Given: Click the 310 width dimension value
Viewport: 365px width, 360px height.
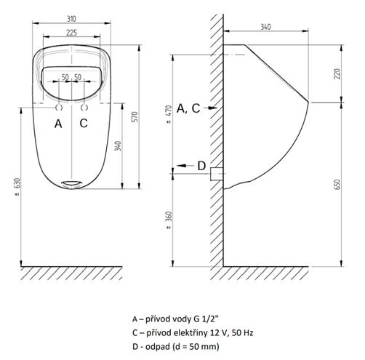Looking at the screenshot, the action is coord(71,19).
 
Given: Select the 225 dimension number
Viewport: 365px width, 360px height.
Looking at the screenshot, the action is coord(72,33).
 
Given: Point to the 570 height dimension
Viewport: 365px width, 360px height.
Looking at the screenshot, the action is coord(135,116).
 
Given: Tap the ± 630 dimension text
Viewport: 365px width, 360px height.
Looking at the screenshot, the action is coord(17,187).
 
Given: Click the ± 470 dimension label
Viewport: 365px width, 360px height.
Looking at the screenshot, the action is coord(169,114).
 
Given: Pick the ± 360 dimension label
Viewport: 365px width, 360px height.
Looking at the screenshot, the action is coord(169,220).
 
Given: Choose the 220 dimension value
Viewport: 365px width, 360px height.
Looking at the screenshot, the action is coord(337,73).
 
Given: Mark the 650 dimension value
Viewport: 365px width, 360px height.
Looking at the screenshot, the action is coord(337,185).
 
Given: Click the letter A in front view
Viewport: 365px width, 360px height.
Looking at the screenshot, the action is coord(58,124).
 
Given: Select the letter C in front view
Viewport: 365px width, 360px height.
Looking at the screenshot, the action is coord(84,123).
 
